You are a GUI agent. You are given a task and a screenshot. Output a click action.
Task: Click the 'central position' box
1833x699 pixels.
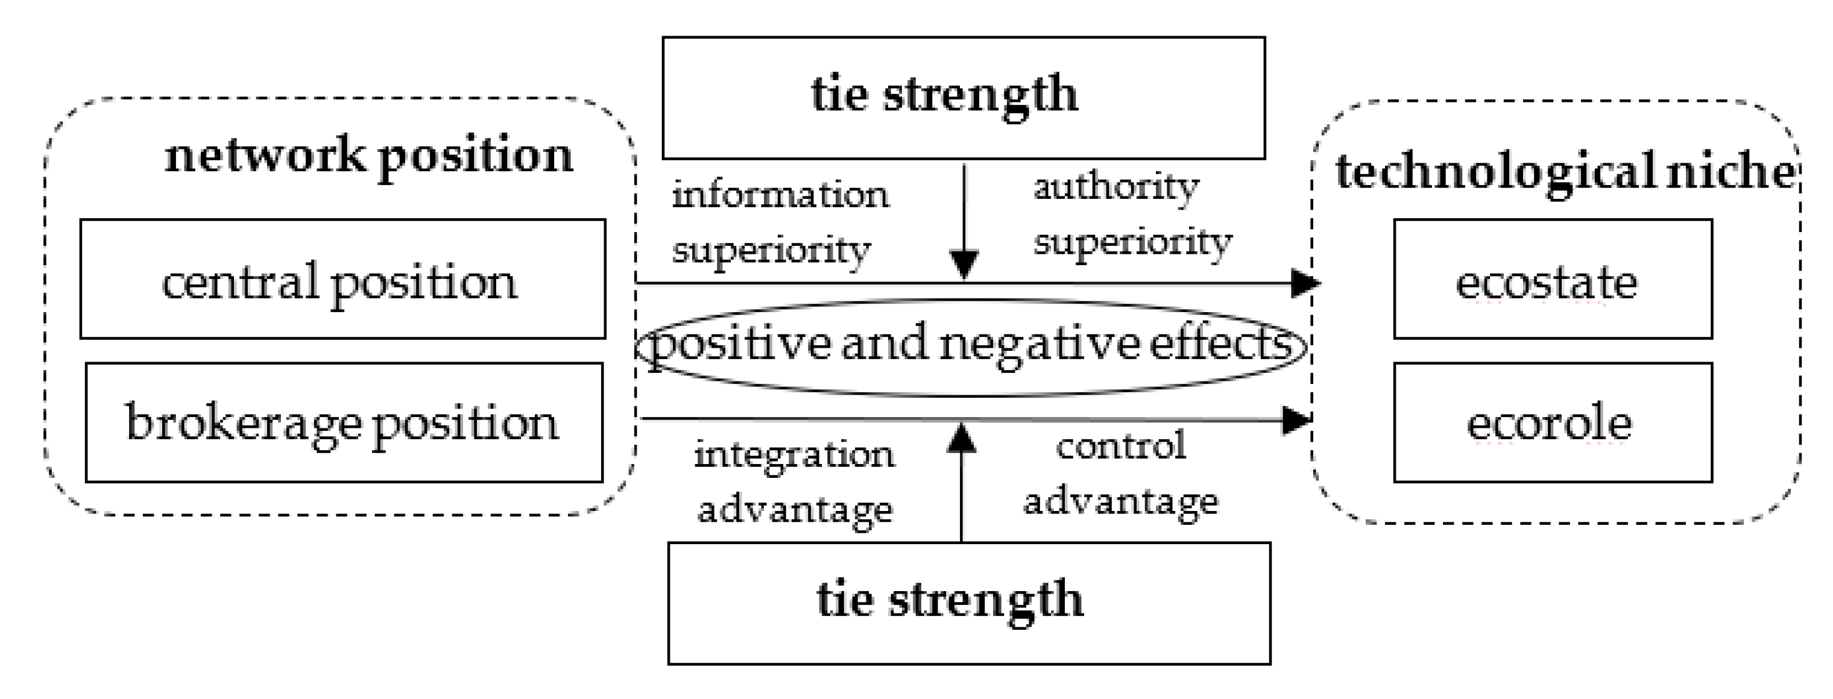[x=342, y=279]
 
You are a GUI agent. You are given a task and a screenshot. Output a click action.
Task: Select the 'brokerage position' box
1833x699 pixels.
[x=344, y=422]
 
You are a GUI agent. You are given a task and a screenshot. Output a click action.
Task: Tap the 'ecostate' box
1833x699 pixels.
[x=1552, y=279]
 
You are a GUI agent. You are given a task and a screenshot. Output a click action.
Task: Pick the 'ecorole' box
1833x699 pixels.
[x=1552, y=422]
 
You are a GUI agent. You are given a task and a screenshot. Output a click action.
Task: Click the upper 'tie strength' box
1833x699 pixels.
[x=963, y=98]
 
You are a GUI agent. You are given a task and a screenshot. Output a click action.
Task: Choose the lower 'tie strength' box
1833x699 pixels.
[x=968, y=603]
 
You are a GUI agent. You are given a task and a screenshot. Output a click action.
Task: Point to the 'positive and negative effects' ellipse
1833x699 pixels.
[x=971, y=346]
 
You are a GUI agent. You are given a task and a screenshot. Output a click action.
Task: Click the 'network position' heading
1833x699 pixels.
[x=368, y=155]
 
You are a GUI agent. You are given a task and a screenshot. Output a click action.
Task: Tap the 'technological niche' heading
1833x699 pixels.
[x=1565, y=172]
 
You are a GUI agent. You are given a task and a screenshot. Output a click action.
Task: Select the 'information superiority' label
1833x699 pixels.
[x=780, y=222]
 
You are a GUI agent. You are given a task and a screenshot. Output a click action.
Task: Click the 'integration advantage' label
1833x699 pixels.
[x=794, y=482]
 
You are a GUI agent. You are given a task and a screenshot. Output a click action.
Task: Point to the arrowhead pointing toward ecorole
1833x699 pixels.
[x=1296, y=419]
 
